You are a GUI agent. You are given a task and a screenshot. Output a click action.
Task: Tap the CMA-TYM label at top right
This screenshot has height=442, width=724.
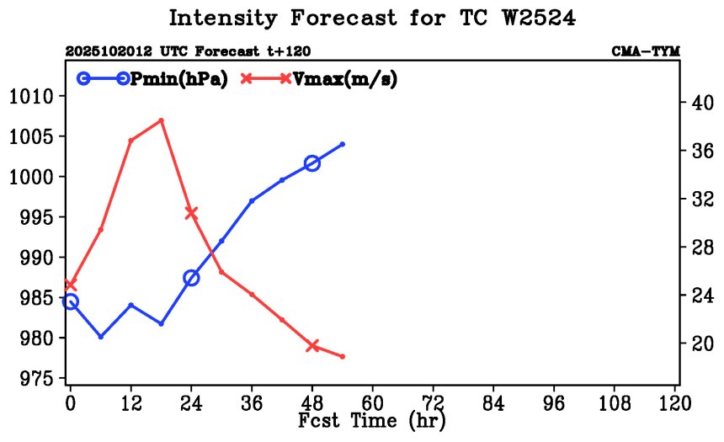[646, 51]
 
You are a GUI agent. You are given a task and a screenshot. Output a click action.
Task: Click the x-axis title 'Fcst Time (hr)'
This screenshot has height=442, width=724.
[371, 420]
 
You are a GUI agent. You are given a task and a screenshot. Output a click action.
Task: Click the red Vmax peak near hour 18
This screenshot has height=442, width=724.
[161, 120]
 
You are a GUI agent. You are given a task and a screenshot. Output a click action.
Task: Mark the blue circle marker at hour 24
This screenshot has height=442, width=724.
[191, 278]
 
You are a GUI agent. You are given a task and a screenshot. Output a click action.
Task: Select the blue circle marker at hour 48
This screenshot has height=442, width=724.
[312, 163]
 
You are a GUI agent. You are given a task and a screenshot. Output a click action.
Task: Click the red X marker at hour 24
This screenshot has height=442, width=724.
[191, 213]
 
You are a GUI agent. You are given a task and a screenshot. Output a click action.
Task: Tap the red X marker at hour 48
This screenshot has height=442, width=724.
[312, 345]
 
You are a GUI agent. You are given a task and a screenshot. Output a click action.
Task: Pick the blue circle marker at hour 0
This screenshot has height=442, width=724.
[71, 301]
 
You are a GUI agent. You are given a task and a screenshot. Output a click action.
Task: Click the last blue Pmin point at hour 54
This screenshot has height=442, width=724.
[343, 144]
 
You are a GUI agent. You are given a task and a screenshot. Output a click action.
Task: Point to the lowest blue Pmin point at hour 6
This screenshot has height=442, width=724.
[101, 336]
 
